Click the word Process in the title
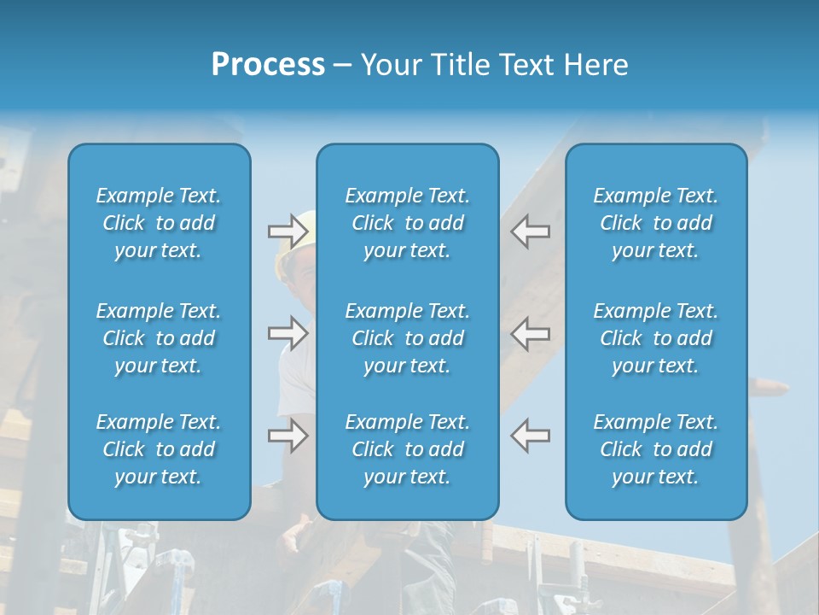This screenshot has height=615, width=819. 268,65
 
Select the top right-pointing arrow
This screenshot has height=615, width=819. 288,231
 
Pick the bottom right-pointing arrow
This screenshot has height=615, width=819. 288,436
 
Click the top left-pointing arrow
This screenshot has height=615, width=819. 531,231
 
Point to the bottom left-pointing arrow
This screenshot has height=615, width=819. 531,436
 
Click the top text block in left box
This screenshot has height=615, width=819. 159,223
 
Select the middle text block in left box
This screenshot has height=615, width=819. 159,338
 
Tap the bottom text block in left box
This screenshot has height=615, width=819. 159,449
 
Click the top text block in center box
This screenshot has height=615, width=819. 408,223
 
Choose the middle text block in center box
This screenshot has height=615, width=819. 408,338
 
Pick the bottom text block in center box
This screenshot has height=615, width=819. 408,449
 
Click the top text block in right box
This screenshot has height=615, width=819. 656,223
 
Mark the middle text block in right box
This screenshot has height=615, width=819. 656,338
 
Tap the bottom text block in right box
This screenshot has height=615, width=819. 656,449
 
